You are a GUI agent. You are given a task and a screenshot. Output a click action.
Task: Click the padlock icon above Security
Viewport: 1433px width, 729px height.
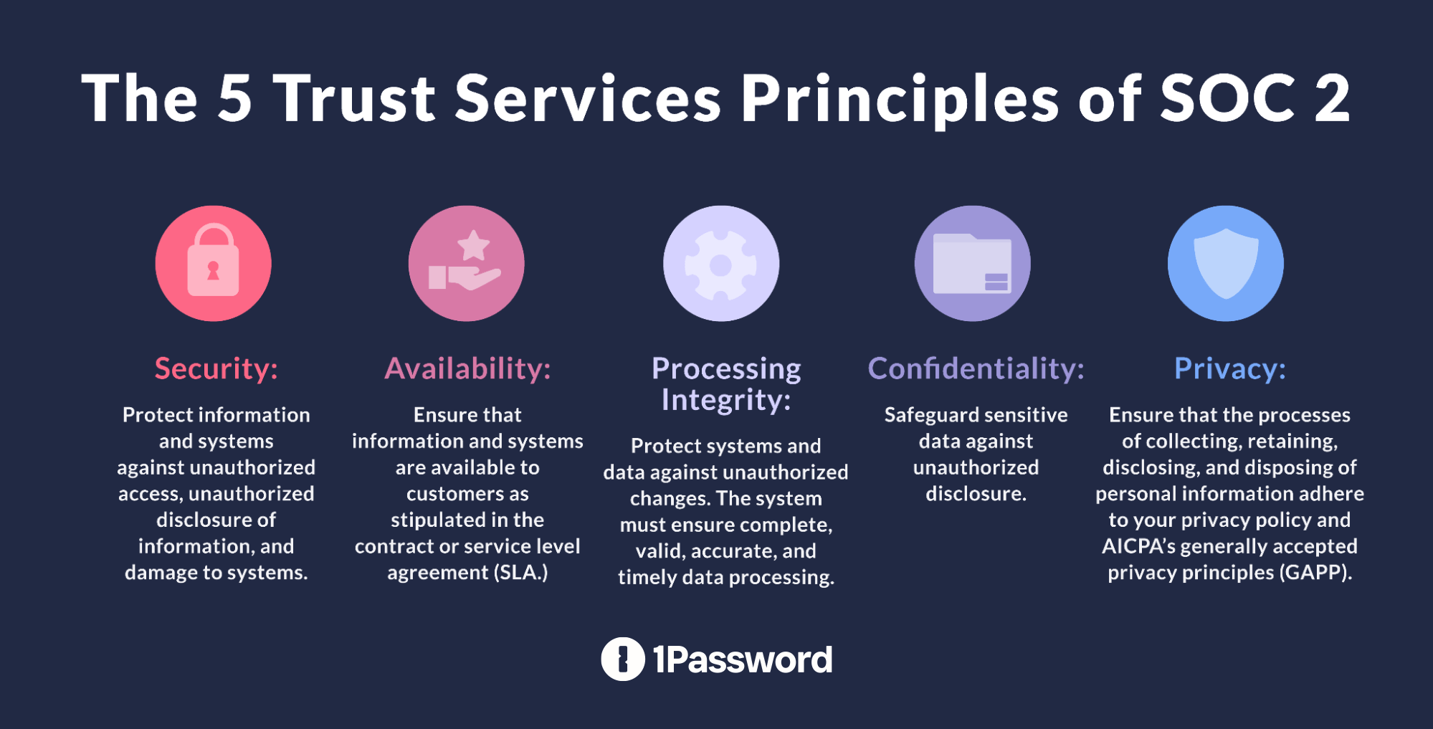click(213, 264)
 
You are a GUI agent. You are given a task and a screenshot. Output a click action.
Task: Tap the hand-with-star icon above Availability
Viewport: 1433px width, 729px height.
click(466, 264)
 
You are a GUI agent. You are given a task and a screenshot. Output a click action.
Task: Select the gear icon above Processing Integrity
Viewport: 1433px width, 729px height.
click(720, 264)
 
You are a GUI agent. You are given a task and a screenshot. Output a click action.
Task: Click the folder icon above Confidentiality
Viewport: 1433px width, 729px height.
click(972, 264)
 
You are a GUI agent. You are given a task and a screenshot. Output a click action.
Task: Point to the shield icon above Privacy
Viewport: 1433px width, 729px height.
click(1225, 264)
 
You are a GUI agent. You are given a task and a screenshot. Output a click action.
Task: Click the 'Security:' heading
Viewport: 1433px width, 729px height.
click(216, 368)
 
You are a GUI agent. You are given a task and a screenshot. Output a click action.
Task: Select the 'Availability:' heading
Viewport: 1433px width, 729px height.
click(467, 368)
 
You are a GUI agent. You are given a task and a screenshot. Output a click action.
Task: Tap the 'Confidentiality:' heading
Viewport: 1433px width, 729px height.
click(976, 368)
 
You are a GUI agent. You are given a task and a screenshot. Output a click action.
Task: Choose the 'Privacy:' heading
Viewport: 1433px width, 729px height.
click(1229, 368)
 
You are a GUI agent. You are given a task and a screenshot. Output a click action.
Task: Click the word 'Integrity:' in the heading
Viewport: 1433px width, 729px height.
click(725, 400)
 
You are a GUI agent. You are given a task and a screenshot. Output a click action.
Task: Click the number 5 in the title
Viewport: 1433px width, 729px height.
click(234, 98)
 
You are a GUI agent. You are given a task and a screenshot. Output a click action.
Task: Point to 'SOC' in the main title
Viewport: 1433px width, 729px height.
click(1228, 98)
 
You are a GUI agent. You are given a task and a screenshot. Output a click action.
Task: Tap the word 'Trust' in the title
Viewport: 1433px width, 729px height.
click(355, 98)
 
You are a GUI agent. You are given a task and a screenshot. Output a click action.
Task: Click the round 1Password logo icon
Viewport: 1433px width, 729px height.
click(622, 659)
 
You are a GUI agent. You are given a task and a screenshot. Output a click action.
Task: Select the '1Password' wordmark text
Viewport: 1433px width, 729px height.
click(742, 659)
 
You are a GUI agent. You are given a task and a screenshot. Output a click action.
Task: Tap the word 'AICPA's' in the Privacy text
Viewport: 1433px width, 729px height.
click(1138, 546)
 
